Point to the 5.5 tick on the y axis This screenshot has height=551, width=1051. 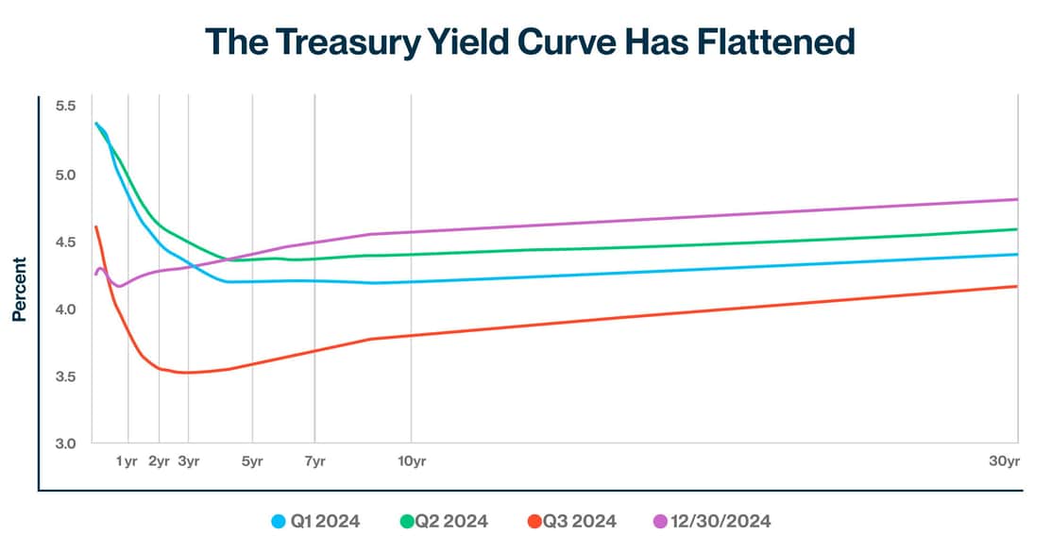point(65,107)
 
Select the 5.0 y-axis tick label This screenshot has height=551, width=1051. point(65,175)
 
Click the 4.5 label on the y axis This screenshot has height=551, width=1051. point(65,242)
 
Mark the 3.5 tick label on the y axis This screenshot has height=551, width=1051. point(65,376)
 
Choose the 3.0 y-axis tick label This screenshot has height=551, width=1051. point(65,443)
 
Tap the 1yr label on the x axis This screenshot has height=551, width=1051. point(127,461)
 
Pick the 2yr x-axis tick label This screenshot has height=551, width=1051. point(159,461)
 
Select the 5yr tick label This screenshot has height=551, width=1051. point(252,461)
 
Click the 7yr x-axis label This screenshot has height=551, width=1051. point(314,461)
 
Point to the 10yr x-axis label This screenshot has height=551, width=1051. point(411,461)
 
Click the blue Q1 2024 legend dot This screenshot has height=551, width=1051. point(279,521)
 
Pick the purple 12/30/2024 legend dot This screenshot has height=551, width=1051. point(660,521)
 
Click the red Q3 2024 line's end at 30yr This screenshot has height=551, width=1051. point(1016,287)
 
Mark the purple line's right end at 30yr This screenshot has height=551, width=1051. point(1016,199)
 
